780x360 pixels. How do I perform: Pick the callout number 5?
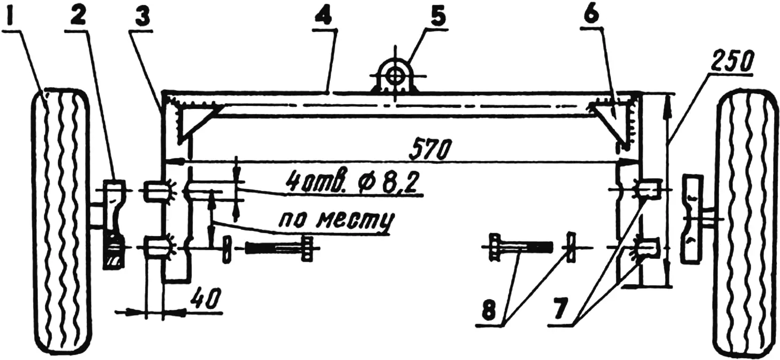(x=438, y=14)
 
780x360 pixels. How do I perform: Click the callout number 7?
(x=560, y=308)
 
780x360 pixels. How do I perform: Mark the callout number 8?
(x=489, y=308)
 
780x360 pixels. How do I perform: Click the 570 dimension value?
(x=430, y=150)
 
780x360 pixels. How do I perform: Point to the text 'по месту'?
(x=336, y=219)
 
